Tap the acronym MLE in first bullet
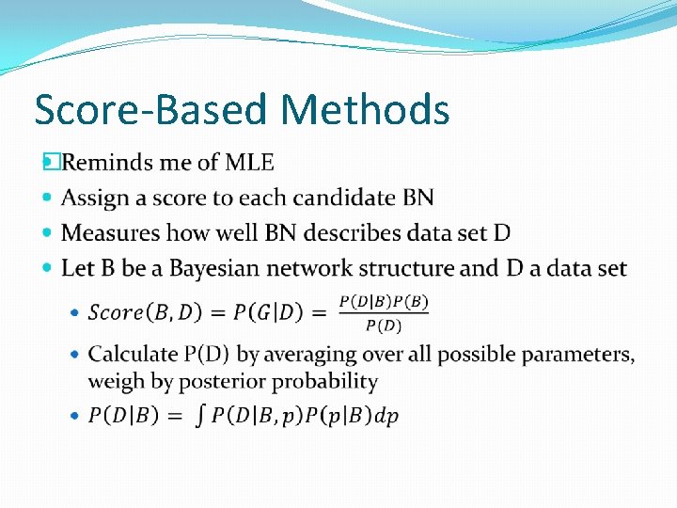[249, 163]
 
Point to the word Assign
[92, 198]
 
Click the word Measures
[106, 232]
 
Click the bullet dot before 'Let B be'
[49, 268]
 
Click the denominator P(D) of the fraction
[382, 325]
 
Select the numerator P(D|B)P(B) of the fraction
[383, 302]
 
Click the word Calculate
[133, 355]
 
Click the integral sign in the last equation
[198, 416]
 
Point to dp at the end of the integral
[386, 416]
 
